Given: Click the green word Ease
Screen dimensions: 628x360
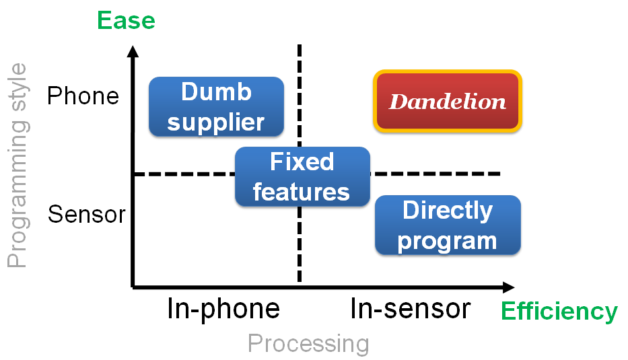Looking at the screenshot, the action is (126, 20).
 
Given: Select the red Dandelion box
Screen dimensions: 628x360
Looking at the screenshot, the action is (448, 102).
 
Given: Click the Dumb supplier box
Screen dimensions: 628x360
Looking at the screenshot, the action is (216, 106).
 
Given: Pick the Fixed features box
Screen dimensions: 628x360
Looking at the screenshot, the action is (302, 176).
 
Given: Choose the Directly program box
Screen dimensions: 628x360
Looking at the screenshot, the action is (448, 225).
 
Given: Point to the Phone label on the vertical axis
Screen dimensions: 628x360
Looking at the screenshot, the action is (83, 96).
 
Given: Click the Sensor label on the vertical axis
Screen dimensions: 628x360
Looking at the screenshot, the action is (87, 214).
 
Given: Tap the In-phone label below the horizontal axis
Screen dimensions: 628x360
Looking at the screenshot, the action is (223, 309).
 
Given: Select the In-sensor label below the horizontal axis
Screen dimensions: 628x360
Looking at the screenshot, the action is (411, 309).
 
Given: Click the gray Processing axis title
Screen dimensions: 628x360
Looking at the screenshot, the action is (308, 344).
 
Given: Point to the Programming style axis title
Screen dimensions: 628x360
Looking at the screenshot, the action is (18, 166).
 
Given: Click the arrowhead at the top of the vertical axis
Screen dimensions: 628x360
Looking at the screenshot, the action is (133, 51).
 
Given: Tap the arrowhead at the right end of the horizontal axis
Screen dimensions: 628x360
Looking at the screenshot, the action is (509, 287).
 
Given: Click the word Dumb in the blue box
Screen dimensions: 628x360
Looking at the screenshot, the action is (216, 92).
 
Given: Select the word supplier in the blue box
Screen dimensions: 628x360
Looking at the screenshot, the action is (216, 122).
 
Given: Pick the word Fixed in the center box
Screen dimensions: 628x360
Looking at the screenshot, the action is (302, 161).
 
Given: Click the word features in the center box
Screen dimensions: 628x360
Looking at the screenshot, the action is (301, 192).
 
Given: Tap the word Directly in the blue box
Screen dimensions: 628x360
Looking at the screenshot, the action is (448, 211).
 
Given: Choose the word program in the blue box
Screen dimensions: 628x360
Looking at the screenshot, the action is (448, 242).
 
